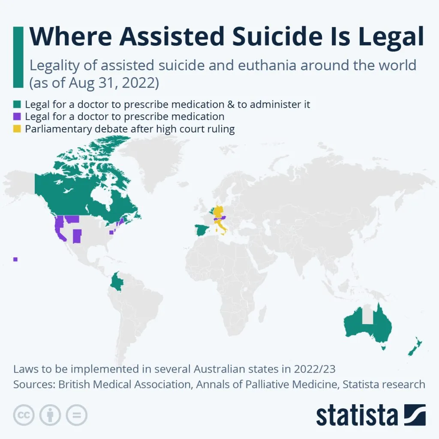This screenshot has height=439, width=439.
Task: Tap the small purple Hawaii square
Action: (x=15, y=259)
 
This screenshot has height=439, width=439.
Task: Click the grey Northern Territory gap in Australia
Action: (x=367, y=315)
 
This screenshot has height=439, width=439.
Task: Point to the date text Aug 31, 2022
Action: (x=106, y=82)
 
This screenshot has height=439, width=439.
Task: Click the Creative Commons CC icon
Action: (x=24, y=415)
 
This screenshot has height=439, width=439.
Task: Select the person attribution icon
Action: (x=50, y=415)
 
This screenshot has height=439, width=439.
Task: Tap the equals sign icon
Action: (x=76, y=415)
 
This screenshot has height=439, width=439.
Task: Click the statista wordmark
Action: (x=357, y=415)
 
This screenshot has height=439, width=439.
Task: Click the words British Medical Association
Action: (x=124, y=384)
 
